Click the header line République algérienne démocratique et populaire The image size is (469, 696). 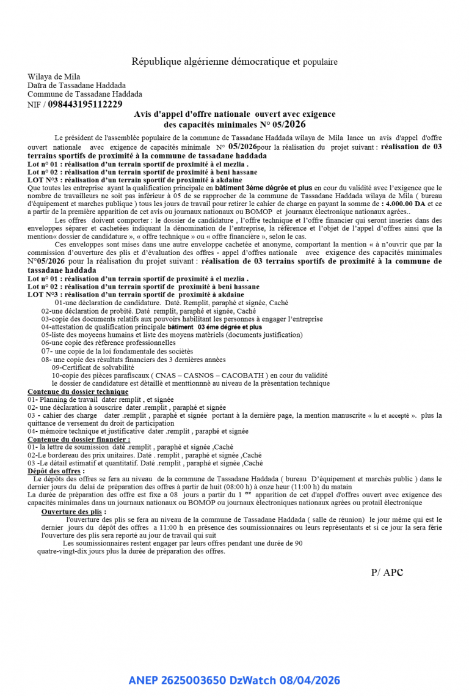234,62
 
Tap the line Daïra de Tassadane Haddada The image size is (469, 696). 77,86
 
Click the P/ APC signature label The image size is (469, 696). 387,572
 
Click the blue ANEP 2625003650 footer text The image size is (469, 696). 234,680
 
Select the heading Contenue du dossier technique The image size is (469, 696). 78,391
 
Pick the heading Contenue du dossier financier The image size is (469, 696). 79,439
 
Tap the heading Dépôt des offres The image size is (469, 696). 56,471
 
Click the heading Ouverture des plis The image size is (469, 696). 73,511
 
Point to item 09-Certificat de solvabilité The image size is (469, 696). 93,368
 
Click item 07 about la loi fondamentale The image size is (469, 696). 117,352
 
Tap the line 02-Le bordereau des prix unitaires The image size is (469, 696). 145,455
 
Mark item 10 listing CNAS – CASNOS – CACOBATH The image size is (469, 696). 189,376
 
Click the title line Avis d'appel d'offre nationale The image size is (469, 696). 234,114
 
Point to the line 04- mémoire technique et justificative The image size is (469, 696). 138,431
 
